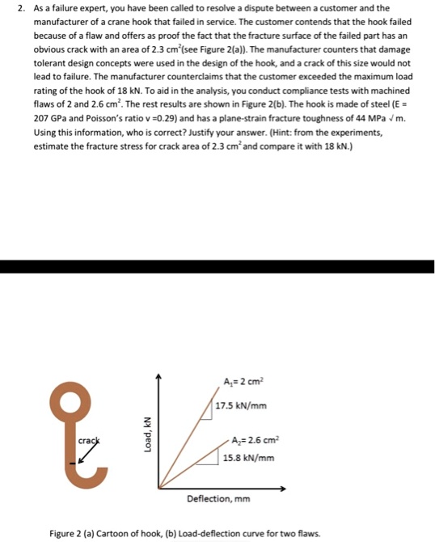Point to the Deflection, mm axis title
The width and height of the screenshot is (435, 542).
(x=218, y=499)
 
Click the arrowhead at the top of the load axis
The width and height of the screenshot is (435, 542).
(x=159, y=375)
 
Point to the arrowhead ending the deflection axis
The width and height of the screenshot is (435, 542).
(x=284, y=489)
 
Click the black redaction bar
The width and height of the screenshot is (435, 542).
(x=217, y=266)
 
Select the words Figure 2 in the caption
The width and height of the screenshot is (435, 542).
(x=66, y=534)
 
